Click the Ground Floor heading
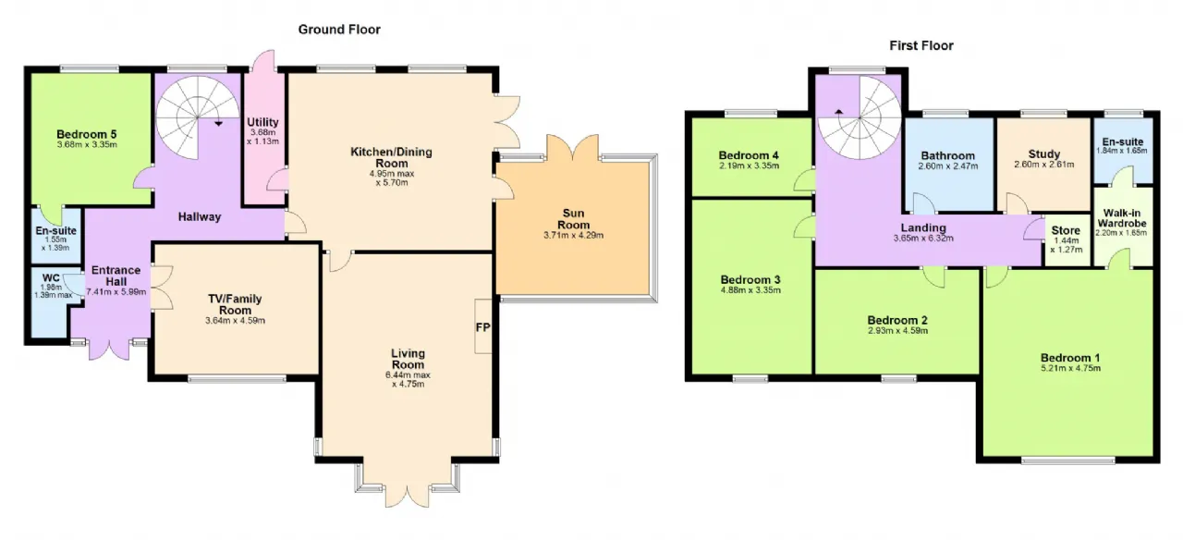[339, 30]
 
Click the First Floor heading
[921, 46]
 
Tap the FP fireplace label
[482, 327]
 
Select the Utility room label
[262, 122]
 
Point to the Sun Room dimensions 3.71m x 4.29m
[573, 235]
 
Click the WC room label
[51, 278]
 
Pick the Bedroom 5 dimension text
[87, 144]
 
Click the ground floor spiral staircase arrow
[219, 124]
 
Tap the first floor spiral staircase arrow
[838, 112]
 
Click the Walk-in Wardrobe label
[1122, 218]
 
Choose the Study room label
[1044, 153]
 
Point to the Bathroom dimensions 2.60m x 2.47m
[948, 166]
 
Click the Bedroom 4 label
[749, 155]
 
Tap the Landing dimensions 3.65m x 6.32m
[923, 239]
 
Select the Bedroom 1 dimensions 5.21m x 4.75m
[1070, 368]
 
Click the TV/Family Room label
[235, 304]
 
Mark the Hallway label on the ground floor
[199, 216]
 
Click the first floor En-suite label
[1123, 141]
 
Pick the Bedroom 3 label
[750, 279]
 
